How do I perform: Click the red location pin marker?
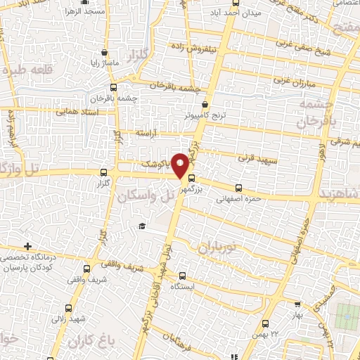[181, 165]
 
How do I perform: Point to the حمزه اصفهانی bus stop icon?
[238, 188]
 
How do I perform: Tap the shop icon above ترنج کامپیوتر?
[204, 103]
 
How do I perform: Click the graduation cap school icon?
[142, 226]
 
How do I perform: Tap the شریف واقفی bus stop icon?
[86, 269]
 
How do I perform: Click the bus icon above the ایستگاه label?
[183, 276]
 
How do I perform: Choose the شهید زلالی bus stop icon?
[68, 308]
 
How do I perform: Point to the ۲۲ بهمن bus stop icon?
[264, 323]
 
